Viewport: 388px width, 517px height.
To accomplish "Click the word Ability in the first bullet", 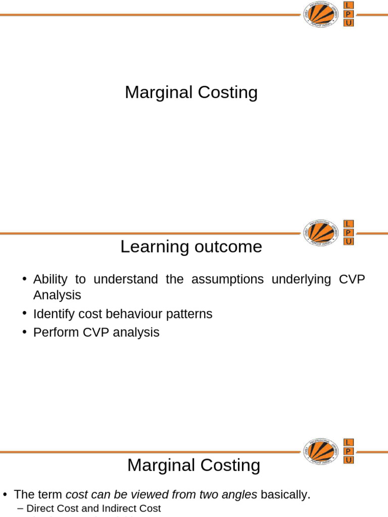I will (50, 279).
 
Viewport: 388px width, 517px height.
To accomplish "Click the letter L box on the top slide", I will (349, 5).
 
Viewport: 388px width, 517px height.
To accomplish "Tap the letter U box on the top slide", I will (349, 23).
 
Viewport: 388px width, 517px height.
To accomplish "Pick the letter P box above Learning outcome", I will (349, 233).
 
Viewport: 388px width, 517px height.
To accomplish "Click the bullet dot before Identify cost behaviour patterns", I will (24, 314).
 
